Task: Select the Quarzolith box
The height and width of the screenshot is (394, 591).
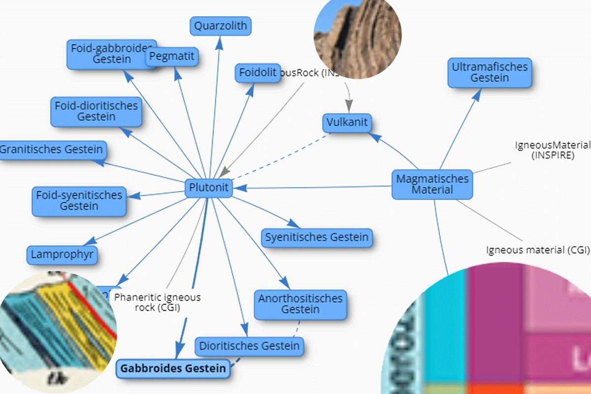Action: click(x=221, y=26)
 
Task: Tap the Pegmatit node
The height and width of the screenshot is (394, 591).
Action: click(x=172, y=57)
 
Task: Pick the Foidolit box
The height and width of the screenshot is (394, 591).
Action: click(x=257, y=73)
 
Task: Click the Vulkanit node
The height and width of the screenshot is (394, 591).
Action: click(x=347, y=122)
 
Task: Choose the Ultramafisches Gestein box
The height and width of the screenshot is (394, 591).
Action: click(x=490, y=72)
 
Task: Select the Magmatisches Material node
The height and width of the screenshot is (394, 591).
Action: click(x=432, y=184)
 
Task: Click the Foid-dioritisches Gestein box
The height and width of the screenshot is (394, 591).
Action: click(x=96, y=111)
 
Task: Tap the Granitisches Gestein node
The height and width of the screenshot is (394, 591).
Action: click(x=52, y=149)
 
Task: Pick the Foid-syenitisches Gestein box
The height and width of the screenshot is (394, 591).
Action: click(x=79, y=201)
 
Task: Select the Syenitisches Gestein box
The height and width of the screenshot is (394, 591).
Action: click(x=317, y=237)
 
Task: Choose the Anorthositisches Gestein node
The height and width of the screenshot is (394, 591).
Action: click(x=300, y=304)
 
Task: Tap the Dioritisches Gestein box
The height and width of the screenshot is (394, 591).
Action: click(x=249, y=346)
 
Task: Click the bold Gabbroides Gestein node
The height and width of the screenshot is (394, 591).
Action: click(x=173, y=368)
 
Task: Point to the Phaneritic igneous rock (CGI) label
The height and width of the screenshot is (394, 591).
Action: click(x=158, y=302)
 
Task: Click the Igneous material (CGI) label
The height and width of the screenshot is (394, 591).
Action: click(x=538, y=250)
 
